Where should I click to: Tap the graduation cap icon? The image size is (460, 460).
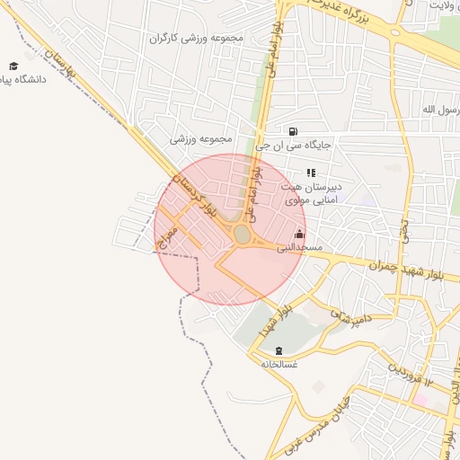pyautogui.click(x=13, y=66)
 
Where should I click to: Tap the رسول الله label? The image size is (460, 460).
pyautogui.click(x=440, y=110)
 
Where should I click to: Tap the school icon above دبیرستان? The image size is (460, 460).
pyautogui.click(x=311, y=172)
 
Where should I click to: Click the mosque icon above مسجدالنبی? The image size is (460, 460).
pyautogui.click(x=299, y=234)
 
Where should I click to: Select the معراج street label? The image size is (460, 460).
pyautogui.click(x=169, y=236)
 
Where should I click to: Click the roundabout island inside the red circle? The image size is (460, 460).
pyautogui.click(x=242, y=235)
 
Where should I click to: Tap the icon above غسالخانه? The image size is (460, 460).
pyautogui.click(x=278, y=350)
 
